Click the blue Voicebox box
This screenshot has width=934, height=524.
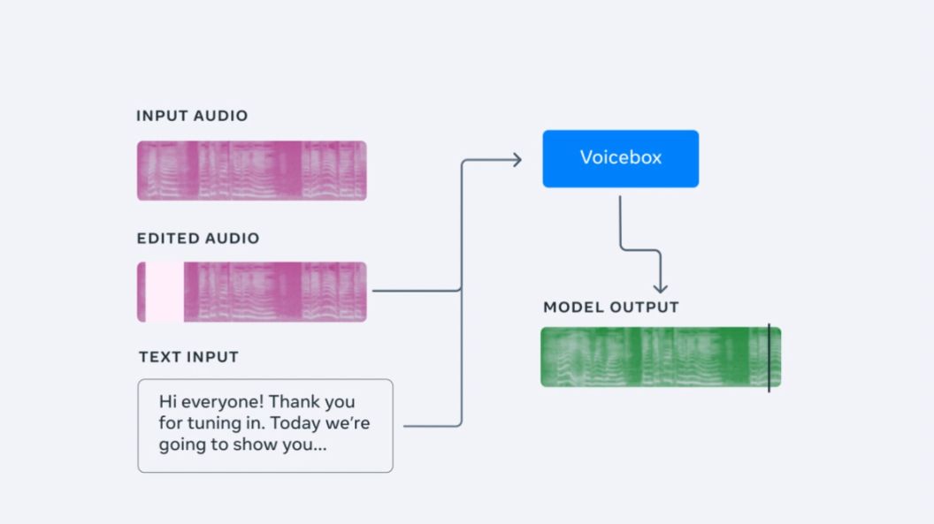click(x=620, y=158)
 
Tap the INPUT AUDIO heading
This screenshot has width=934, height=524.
click(x=192, y=116)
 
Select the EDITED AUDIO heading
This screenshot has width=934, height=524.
click(x=198, y=239)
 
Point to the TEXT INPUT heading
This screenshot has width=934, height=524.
click(x=188, y=357)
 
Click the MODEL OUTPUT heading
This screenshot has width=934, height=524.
click(x=611, y=308)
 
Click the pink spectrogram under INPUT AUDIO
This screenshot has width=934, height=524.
click(x=251, y=171)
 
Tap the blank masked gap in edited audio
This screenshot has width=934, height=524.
click(x=165, y=292)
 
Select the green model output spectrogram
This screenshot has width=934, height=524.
click(x=655, y=357)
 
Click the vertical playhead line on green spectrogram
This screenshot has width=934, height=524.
click(x=769, y=357)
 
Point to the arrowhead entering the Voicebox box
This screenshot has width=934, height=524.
click(x=517, y=160)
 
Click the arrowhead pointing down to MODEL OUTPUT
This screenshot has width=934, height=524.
click(x=660, y=288)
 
